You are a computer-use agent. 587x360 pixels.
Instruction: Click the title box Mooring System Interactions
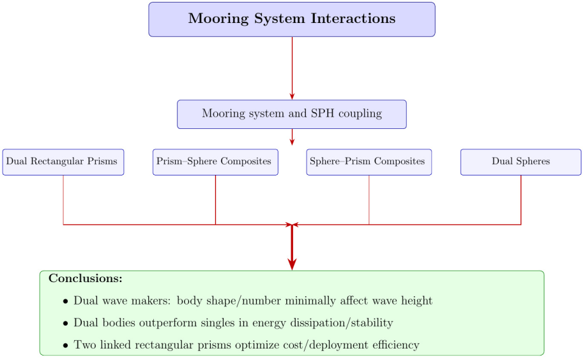[x=292, y=19]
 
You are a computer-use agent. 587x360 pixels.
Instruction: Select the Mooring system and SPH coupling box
[x=292, y=114]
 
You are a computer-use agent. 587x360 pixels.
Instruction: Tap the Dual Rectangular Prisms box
[x=63, y=161]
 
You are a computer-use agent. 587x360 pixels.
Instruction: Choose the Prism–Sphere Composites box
[x=215, y=161]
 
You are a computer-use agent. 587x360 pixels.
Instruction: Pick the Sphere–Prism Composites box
[x=369, y=161]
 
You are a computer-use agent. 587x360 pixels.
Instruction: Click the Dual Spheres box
[x=521, y=161]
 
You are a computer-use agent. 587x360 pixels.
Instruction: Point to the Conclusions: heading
[x=86, y=279]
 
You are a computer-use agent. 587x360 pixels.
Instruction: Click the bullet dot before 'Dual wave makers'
[x=65, y=301]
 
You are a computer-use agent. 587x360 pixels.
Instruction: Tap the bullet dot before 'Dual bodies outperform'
[x=65, y=324]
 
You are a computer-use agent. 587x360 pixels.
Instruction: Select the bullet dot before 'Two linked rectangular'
[x=65, y=346]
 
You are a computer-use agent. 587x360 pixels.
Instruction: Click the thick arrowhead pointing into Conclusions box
[x=292, y=264]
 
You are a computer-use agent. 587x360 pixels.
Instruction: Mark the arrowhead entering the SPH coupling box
[x=292, y=96]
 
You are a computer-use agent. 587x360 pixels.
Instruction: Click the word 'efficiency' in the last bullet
[x=393, y=345]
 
